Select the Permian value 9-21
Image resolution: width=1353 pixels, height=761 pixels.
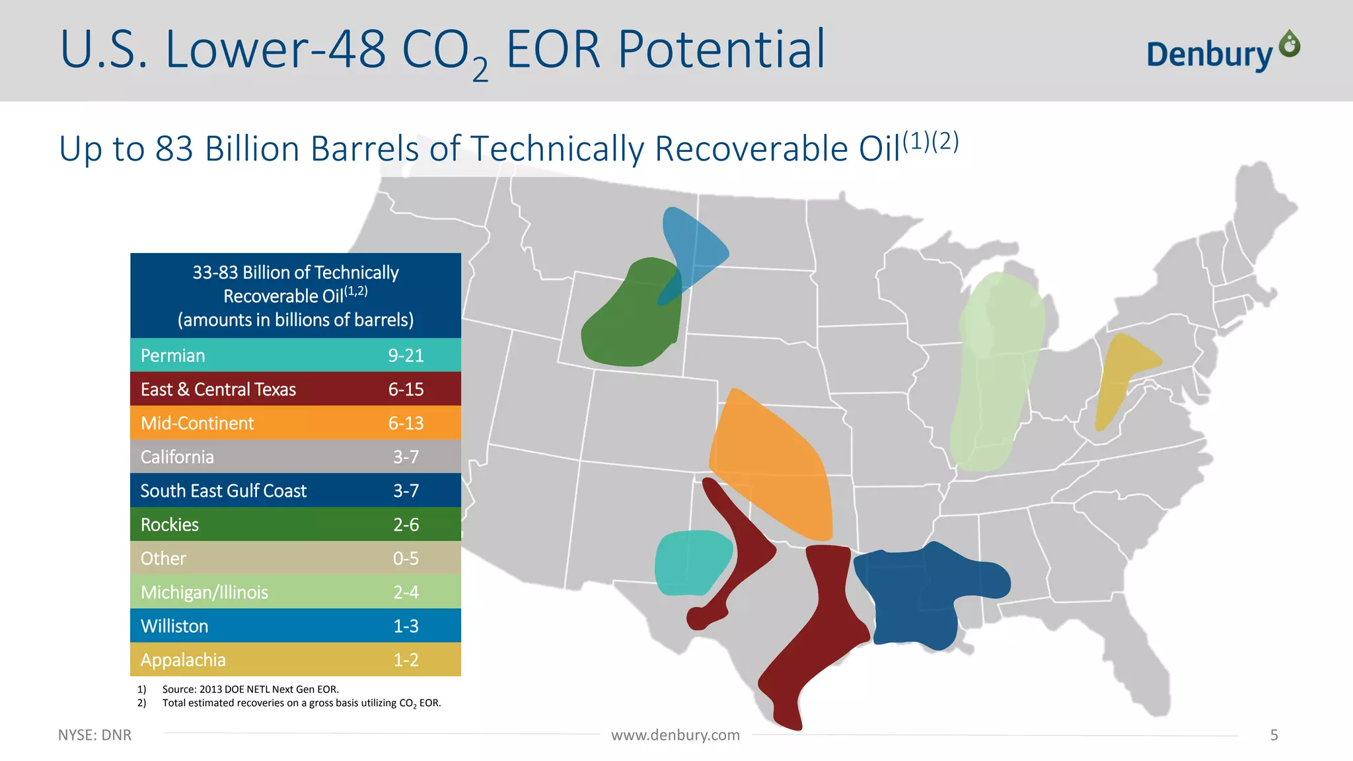point(406,355)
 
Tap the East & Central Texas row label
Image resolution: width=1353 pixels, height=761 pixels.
point(218,390)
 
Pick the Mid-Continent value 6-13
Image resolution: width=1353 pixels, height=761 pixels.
point(406,423)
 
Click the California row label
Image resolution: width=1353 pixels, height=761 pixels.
point(177,457)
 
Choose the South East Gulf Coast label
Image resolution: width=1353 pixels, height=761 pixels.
point(223,491)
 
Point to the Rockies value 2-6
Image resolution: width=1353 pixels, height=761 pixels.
point(406,525)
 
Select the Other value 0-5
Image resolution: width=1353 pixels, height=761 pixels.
point(406,559)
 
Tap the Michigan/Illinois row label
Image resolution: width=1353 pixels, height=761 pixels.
point(204,593)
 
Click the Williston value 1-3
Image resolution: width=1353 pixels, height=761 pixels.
point(406,626)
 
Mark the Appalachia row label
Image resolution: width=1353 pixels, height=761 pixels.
point(183,660)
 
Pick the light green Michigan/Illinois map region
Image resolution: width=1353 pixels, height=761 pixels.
point(994,370)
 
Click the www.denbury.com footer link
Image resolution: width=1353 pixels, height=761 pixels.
point(675,735)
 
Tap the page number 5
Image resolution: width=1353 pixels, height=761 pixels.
point(1274,735)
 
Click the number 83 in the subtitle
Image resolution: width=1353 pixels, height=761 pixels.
point(174,149)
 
